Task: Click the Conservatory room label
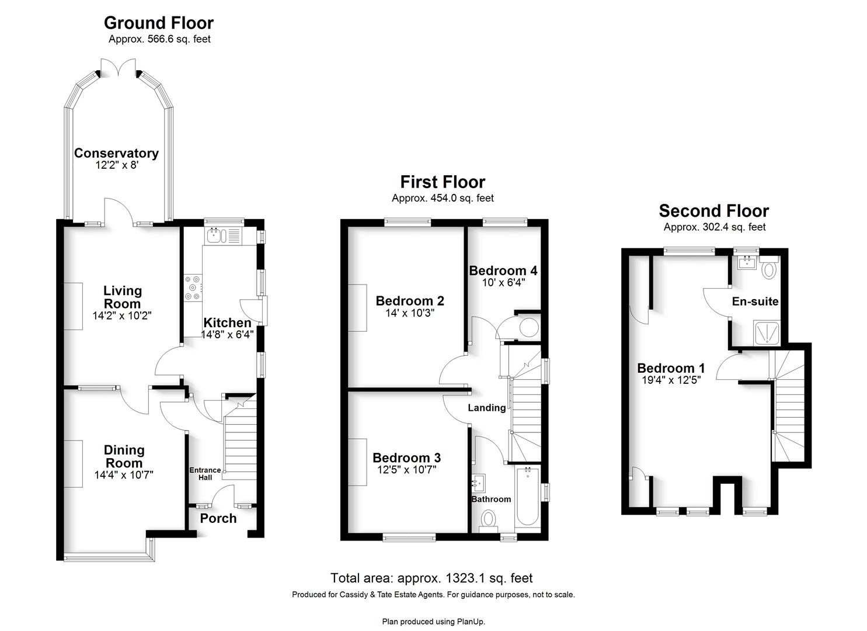click(116, 154)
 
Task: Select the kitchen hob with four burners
click(193, 287)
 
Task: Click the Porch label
click(218, 518)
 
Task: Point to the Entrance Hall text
click(205, 473)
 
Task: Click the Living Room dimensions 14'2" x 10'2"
click(122, 315)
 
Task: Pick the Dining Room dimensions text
click(124, 475)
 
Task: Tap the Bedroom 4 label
click(503, 271)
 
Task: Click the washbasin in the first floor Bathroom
click(478, 483)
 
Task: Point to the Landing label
click(486, 407)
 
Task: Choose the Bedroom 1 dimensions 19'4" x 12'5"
click(671, 380)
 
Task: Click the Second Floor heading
click(713, 211)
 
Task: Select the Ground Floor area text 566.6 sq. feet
click(179, 39)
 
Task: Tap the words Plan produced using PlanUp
click(433, 622)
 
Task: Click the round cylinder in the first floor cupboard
click(529, 327)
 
